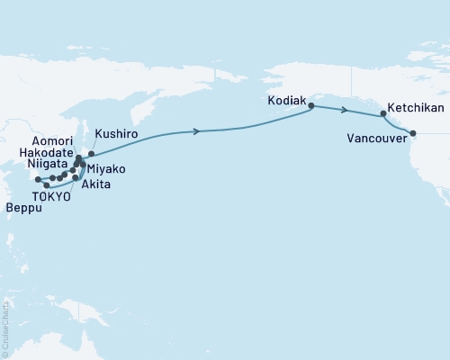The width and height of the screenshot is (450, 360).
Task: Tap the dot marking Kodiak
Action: (311, 106)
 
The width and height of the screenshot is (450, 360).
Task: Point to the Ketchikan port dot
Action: (383, 114)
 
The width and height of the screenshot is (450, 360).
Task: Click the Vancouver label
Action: (373, 139)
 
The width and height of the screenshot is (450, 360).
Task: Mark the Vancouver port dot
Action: (413, 134)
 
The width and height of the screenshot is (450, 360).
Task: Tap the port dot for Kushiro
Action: (91, 154)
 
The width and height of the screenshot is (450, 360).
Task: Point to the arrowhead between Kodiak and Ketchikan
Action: (344, 110)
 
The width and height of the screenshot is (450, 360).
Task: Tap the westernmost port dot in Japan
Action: (38, 180)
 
